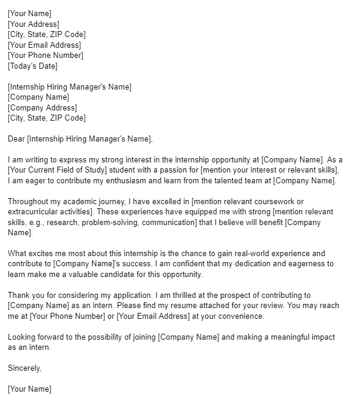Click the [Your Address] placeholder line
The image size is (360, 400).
click(33, 24)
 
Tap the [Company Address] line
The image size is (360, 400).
click(42, 107)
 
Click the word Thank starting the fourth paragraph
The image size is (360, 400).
click(19, 295)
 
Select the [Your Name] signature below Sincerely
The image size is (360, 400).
click(30, 389)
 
